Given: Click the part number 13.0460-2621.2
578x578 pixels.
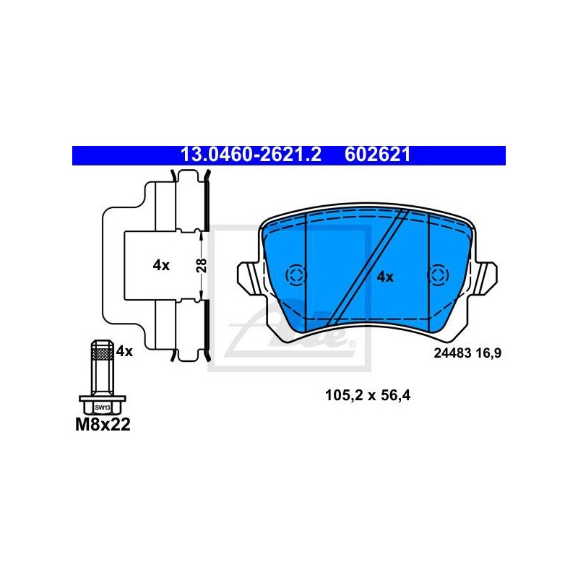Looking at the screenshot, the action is pos(251,155).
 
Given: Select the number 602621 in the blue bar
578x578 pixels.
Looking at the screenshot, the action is pos(377,155).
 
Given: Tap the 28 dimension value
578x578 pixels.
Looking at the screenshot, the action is pos(202,265).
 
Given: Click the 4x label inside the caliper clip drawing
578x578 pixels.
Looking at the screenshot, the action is pos(161,265).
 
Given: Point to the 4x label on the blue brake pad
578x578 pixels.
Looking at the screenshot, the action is pos(385,277).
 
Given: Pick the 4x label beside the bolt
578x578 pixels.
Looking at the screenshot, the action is pos(124,351).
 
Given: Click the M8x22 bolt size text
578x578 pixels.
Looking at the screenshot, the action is pos(103,425).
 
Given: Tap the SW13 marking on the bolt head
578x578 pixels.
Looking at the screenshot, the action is pos(103,407).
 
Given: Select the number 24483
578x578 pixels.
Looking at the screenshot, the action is pos(452,353).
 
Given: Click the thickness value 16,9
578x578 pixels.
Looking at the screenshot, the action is pos(488,353).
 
